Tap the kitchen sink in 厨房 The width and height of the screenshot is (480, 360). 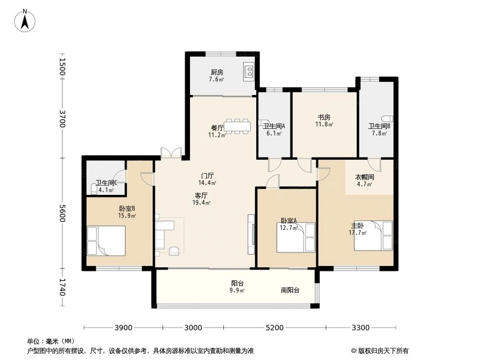pos(249,72)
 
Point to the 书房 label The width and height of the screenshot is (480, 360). pos(324,117)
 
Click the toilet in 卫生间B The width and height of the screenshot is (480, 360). pos(387,119)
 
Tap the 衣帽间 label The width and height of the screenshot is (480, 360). pos(364,177)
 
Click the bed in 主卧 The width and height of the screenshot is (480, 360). pos(373,235)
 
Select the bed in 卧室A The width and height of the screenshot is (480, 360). pos(296,237)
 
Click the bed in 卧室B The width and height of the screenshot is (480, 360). pos(106,240)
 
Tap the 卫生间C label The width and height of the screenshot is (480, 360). pos(107,183)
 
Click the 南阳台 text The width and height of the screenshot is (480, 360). pos(290,290)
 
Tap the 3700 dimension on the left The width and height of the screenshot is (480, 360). pos(62,119)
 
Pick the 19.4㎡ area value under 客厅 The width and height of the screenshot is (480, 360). pos(202,203)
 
